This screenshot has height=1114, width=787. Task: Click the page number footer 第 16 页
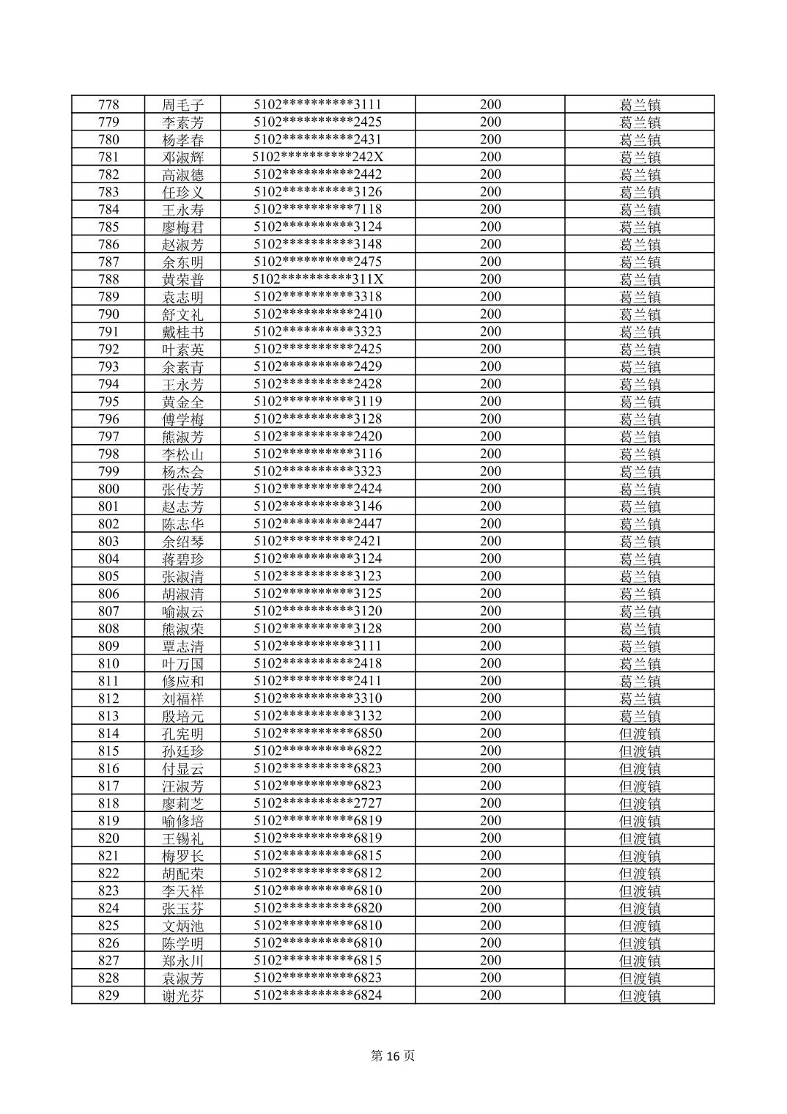point(393,1056)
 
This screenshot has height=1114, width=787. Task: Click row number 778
point(108,105)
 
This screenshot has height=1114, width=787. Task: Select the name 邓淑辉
point(182,158)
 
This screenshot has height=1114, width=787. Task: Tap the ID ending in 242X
point(317,157)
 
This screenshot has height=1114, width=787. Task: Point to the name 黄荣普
point(182,280)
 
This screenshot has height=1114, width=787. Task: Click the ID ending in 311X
point(317,279)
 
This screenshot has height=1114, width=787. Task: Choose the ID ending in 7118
point(317,210)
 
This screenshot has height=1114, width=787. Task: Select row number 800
point(108,489)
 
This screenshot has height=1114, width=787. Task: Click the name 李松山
point(182,454)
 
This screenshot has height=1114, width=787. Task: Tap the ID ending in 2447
point(317,524)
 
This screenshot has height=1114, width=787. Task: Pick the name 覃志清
point(182,646)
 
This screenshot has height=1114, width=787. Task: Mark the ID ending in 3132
point(317,716)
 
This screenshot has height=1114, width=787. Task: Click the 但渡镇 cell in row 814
point(640,734)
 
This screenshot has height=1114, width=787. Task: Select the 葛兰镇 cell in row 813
point(640,716)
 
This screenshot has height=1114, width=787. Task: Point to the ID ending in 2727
point(317,803)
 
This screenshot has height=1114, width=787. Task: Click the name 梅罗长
point(182,856)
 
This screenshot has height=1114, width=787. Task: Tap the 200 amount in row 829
point(490,995)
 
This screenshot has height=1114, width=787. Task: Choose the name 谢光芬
point(182,996)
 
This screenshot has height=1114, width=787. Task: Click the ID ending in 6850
point(317,734)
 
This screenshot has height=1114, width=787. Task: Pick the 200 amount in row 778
point(490,105)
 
